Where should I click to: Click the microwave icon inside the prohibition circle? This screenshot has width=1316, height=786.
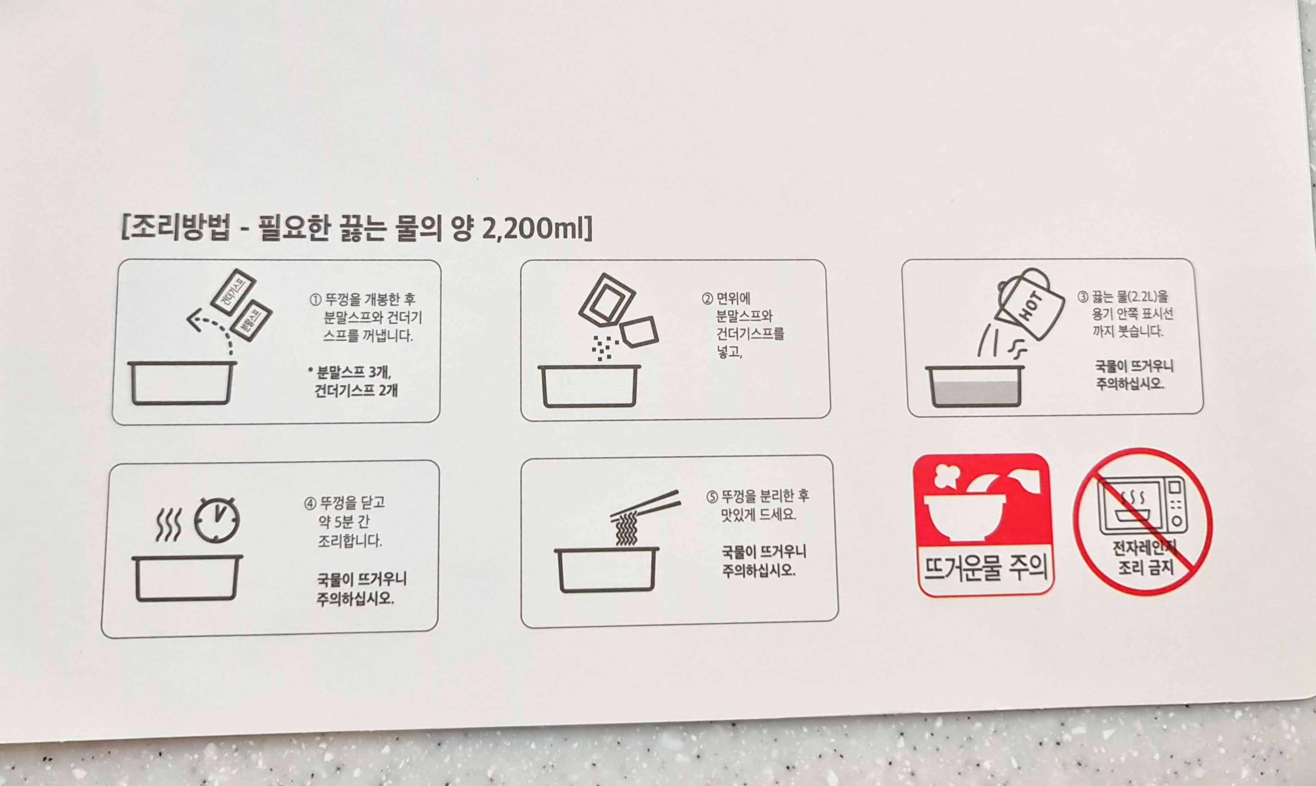pos(1142,506)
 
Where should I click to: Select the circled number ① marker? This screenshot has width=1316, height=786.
pos(316,300)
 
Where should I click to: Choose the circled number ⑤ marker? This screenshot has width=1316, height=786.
pos(713,497)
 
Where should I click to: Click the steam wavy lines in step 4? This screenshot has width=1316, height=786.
pos(168,525)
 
